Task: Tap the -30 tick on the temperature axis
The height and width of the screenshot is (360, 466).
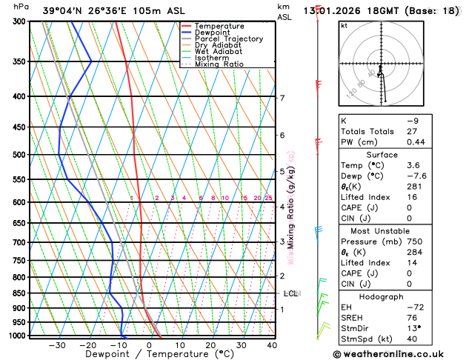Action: (x=57, y=345)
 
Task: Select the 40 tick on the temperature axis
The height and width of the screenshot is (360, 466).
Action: (x=272, y=345)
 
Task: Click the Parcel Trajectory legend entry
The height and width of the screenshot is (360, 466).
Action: (x=228, y=39)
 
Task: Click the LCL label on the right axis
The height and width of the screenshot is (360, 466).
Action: (x=290, y=293)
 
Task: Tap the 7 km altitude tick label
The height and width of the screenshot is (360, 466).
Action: (x=282, y=98)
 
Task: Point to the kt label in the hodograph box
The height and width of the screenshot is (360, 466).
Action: (x=344, y=26)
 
